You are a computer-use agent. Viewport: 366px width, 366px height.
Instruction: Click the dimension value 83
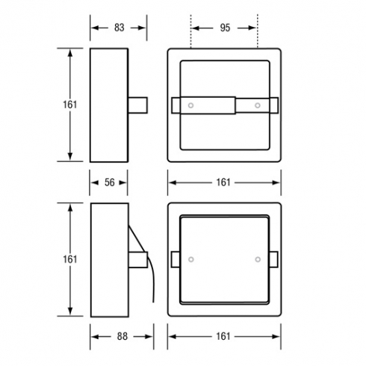click(120, 28)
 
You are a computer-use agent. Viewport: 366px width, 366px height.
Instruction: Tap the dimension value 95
click(225, 28)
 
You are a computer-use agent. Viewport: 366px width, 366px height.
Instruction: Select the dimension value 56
click(110, 182)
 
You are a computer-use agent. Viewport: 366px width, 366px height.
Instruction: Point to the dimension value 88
click(122, 337)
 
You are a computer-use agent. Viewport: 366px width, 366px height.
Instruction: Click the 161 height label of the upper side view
click(70, 105)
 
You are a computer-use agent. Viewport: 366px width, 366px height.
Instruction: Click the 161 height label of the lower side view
click(70, 259)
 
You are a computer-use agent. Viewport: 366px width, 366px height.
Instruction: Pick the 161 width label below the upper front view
click(223, 182)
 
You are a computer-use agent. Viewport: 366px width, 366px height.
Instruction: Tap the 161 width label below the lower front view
click(223, 337)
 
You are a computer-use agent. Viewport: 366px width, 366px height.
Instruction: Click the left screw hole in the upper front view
click(190, 105)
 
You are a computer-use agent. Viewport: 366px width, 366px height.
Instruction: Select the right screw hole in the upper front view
click(258, 105)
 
